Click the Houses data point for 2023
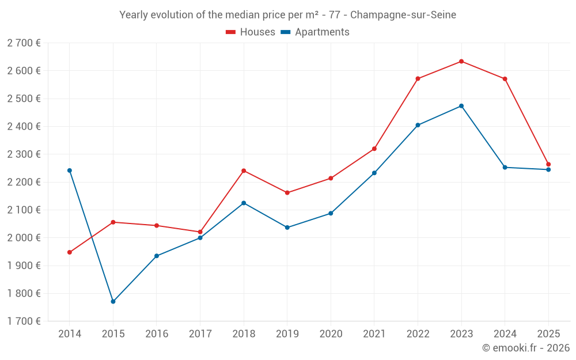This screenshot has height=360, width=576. pyautogui.click(x=461, y=62)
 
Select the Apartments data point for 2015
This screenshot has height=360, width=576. pyautogui.click(x=113, y=302)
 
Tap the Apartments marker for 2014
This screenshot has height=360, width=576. pyautogui.click(x=70, y=170)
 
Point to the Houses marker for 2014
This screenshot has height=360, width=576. pyautogui.click(x=70, y=252)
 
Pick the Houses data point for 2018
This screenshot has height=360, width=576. pyautogui.click(x=244, y=171)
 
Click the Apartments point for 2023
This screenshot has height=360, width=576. pyautogui.click(x=461, y=106)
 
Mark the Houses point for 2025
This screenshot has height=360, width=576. pyautogui.click(x=548, y=165)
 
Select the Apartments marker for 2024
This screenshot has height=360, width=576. pyautogui.click(x=505, y=168)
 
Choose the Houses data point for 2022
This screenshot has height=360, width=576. pyautogui.click(x=418, y=79)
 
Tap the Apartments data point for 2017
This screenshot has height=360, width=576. pyautogui.click(x=200, y=238)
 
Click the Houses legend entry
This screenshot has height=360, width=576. pyautogui.click(x=251, y=32)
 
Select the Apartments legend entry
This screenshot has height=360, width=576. pyautogui.click(x=315, y=32)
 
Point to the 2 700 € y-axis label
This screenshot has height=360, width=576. pyautogui.click(x=24, y=43)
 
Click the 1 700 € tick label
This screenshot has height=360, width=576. pyautogui.click(x=24, y=321)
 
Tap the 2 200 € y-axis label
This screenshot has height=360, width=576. pyautogui.click(x=24, y=182)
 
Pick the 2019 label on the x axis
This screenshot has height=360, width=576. pyautogui.click(x=287, y=334)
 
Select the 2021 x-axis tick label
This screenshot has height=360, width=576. pyautogui.click(x=374, y=334)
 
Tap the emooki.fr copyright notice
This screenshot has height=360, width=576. pyautogui.click(x=525, y=348)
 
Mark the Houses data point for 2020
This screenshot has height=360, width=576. pyautogui.click(x=331, y=179)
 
